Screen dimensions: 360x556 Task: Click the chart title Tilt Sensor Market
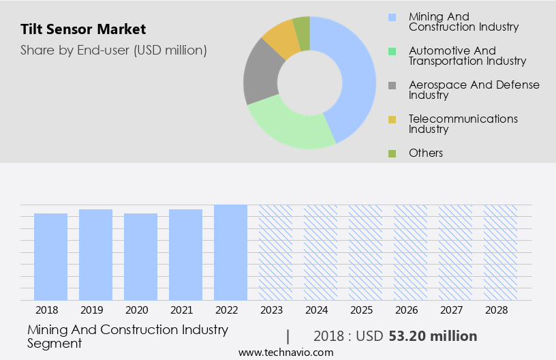click(x=83, y=29)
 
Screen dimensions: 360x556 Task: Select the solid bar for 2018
click(x=50, y=256)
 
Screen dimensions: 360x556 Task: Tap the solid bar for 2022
click(x=230, y=252)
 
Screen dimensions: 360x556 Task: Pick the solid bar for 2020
click(x=140, y=256)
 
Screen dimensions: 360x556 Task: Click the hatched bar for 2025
click(x=365, y=252)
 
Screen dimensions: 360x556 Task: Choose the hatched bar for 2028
click(x=500, y=252)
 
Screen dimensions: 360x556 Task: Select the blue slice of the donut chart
click(x=355, y=75)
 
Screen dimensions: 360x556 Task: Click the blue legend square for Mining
click(x=392, y=17)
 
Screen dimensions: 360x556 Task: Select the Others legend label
click(x=426, y=153)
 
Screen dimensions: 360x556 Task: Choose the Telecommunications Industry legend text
click(x=463, y=123)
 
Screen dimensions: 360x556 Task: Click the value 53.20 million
click(x=433, y=336)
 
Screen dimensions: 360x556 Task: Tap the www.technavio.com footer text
click(x=286, y=352)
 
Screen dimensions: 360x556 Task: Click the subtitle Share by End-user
click(x=114, y=50)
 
